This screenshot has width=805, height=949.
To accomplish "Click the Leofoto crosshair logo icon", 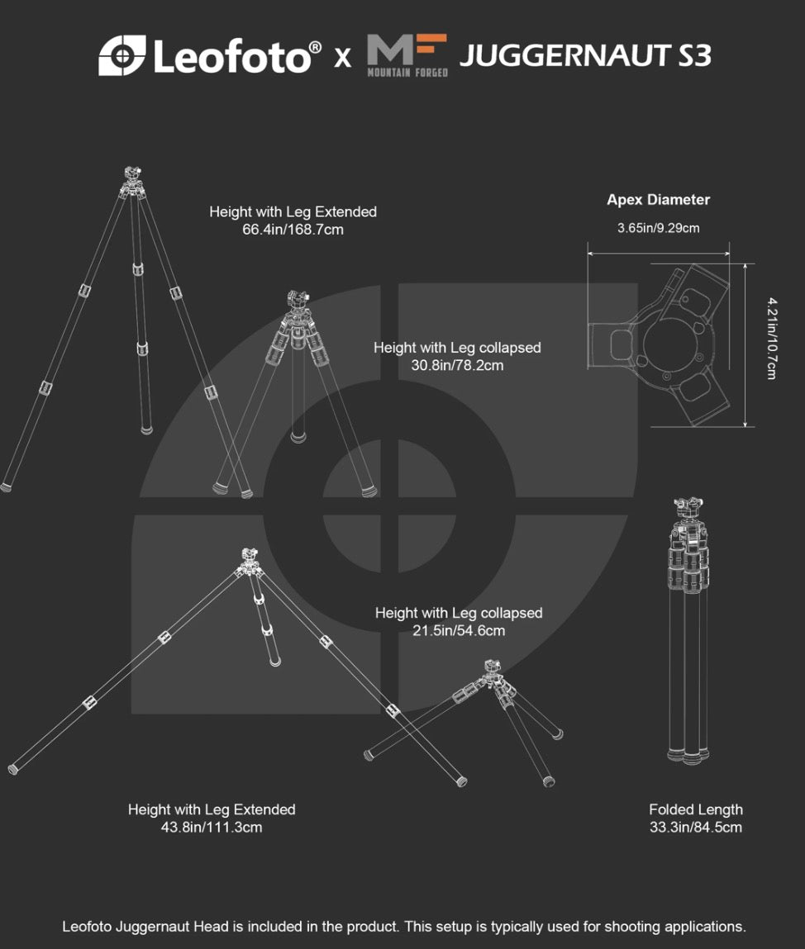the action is [121, 55].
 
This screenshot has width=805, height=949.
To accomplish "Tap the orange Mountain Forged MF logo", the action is [407, 55].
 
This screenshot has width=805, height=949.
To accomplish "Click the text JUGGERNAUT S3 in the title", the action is [585, 55].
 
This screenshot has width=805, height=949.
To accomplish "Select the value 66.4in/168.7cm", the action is [293, 230].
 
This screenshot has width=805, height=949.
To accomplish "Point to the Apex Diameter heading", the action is [659, 200].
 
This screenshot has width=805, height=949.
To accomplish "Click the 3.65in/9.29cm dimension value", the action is [659, 228].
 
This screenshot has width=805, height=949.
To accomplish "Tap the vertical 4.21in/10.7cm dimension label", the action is [772, 339].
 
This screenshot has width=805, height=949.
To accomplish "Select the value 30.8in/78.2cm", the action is [457, 366].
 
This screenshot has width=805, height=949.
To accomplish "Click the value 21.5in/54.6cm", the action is [459, 631].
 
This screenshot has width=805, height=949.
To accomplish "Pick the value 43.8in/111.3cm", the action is [212, 828].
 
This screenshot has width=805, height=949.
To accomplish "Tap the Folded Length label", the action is [696, 809].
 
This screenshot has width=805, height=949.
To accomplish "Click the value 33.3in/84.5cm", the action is [696, 828].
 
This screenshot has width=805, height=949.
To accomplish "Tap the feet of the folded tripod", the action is [688, 756].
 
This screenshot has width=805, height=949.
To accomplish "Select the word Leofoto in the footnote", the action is [87, 927].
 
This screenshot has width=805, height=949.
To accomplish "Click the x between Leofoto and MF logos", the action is [343, 58].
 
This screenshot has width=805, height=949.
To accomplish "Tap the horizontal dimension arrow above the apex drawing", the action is [659, 254].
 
